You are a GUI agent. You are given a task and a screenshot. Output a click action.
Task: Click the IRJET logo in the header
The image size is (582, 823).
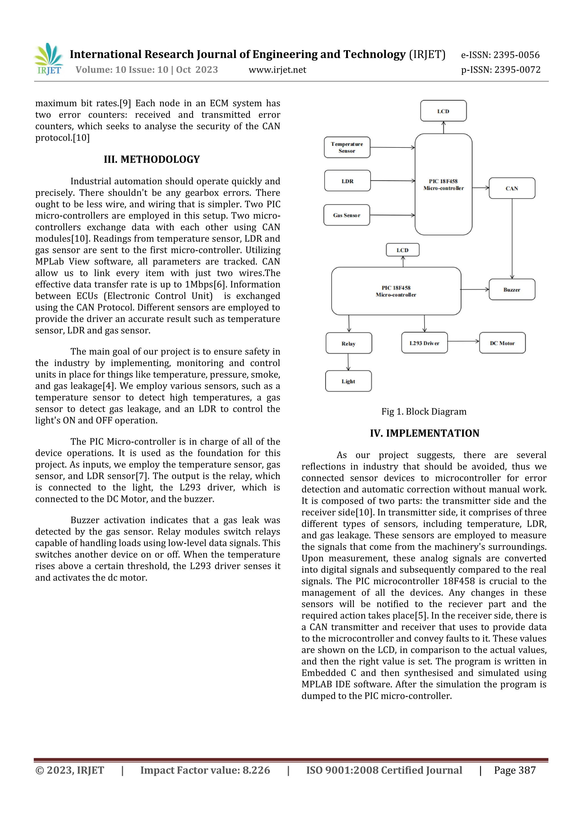[x=49, y=59]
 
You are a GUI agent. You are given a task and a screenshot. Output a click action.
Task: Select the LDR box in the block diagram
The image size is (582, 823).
[x=347, y=181]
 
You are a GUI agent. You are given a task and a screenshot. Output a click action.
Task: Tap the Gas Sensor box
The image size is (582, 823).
[x=346, y=215]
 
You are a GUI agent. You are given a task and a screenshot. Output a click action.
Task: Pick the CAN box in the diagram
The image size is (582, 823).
[x=512, y=188]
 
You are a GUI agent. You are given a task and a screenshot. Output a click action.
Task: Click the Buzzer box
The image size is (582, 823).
[x=512, y=290]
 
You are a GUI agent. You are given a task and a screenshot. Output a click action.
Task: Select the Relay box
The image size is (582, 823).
[x=349, y=343]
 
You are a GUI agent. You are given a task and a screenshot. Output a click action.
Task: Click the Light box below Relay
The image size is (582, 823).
[x=348, y=381]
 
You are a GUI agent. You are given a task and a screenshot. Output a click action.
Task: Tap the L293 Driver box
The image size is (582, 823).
[x=424, y=343]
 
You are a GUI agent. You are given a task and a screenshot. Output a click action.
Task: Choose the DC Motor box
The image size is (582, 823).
[x=502, y=343]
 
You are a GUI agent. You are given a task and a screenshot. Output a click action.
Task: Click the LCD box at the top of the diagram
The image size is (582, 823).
[x=443, y=111]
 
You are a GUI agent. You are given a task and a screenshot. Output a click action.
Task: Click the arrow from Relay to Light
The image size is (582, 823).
[x=348, y=362]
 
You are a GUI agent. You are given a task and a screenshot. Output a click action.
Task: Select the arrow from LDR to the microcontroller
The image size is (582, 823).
[x=392, y=181]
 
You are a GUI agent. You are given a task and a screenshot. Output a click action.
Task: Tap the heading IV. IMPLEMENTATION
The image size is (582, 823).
[x=424, y=433]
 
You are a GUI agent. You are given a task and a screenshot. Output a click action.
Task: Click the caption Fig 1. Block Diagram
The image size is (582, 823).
[x=424, y=411]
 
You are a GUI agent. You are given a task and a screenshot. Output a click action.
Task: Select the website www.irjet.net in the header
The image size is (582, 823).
[x=277, y=70]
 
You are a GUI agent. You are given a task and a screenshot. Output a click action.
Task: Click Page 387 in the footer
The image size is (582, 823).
[x=515, y=770]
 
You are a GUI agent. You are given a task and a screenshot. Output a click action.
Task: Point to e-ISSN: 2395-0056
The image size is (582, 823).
[x=500, y=55]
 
